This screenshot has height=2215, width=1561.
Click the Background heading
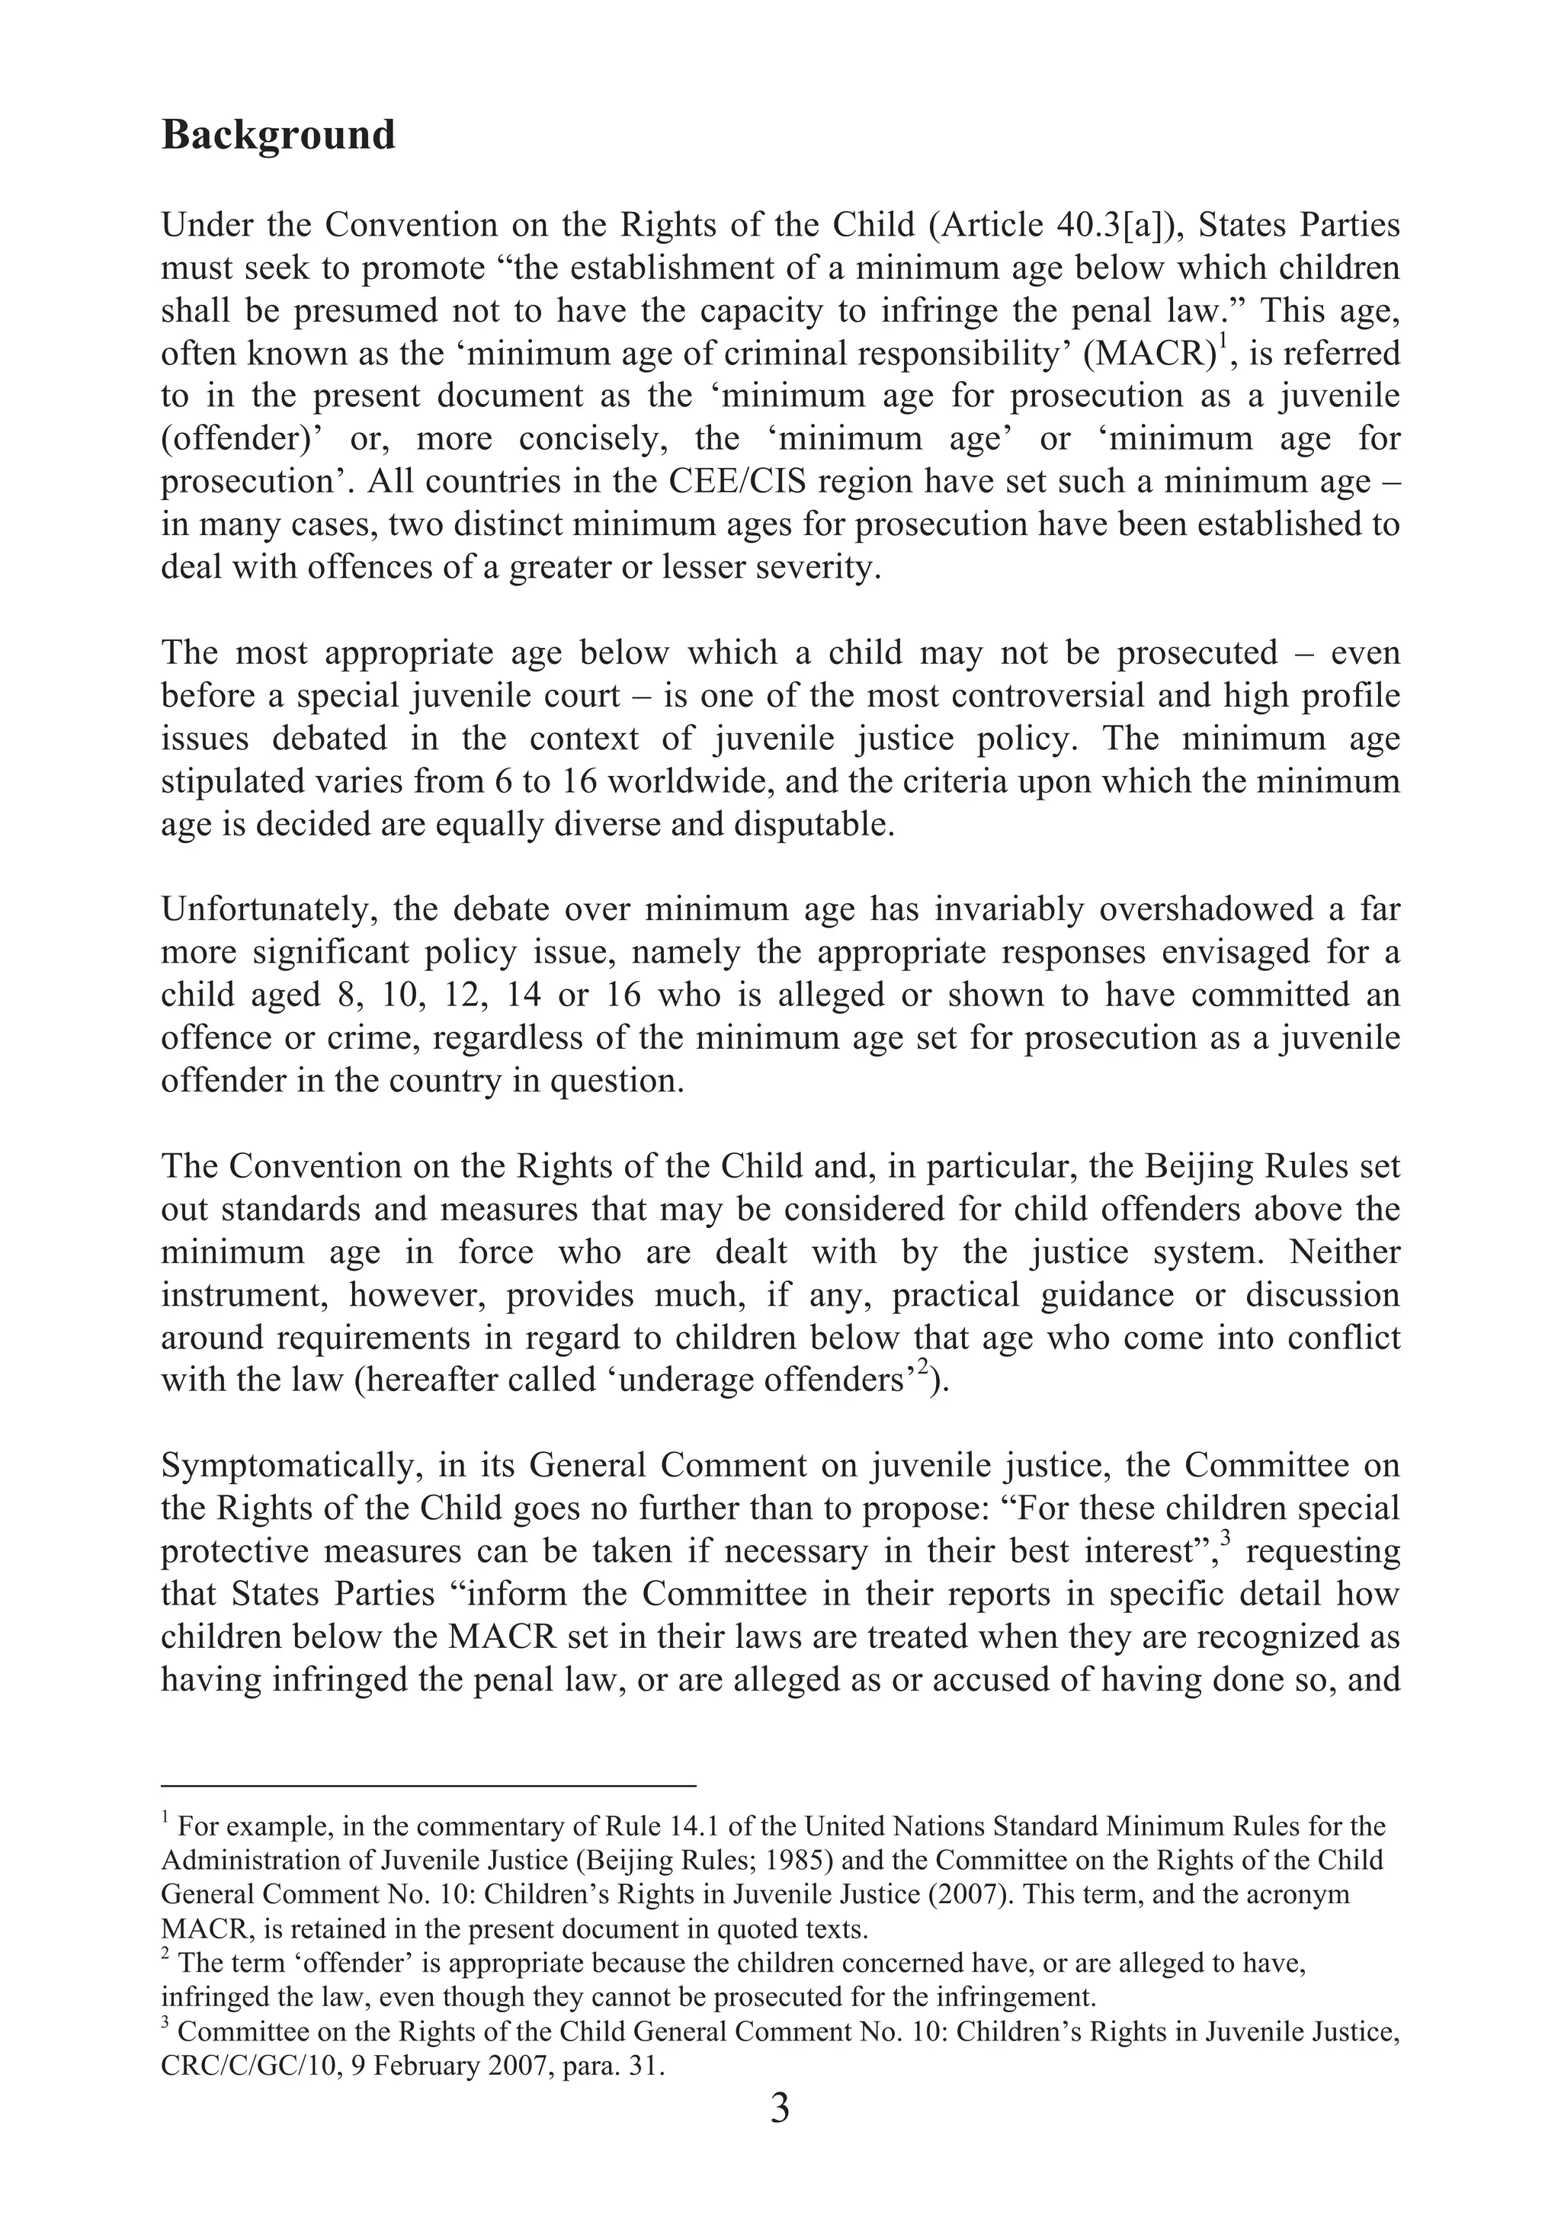click(x=278, y=135)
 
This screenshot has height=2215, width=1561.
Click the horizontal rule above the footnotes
click(x=428, y=1786)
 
